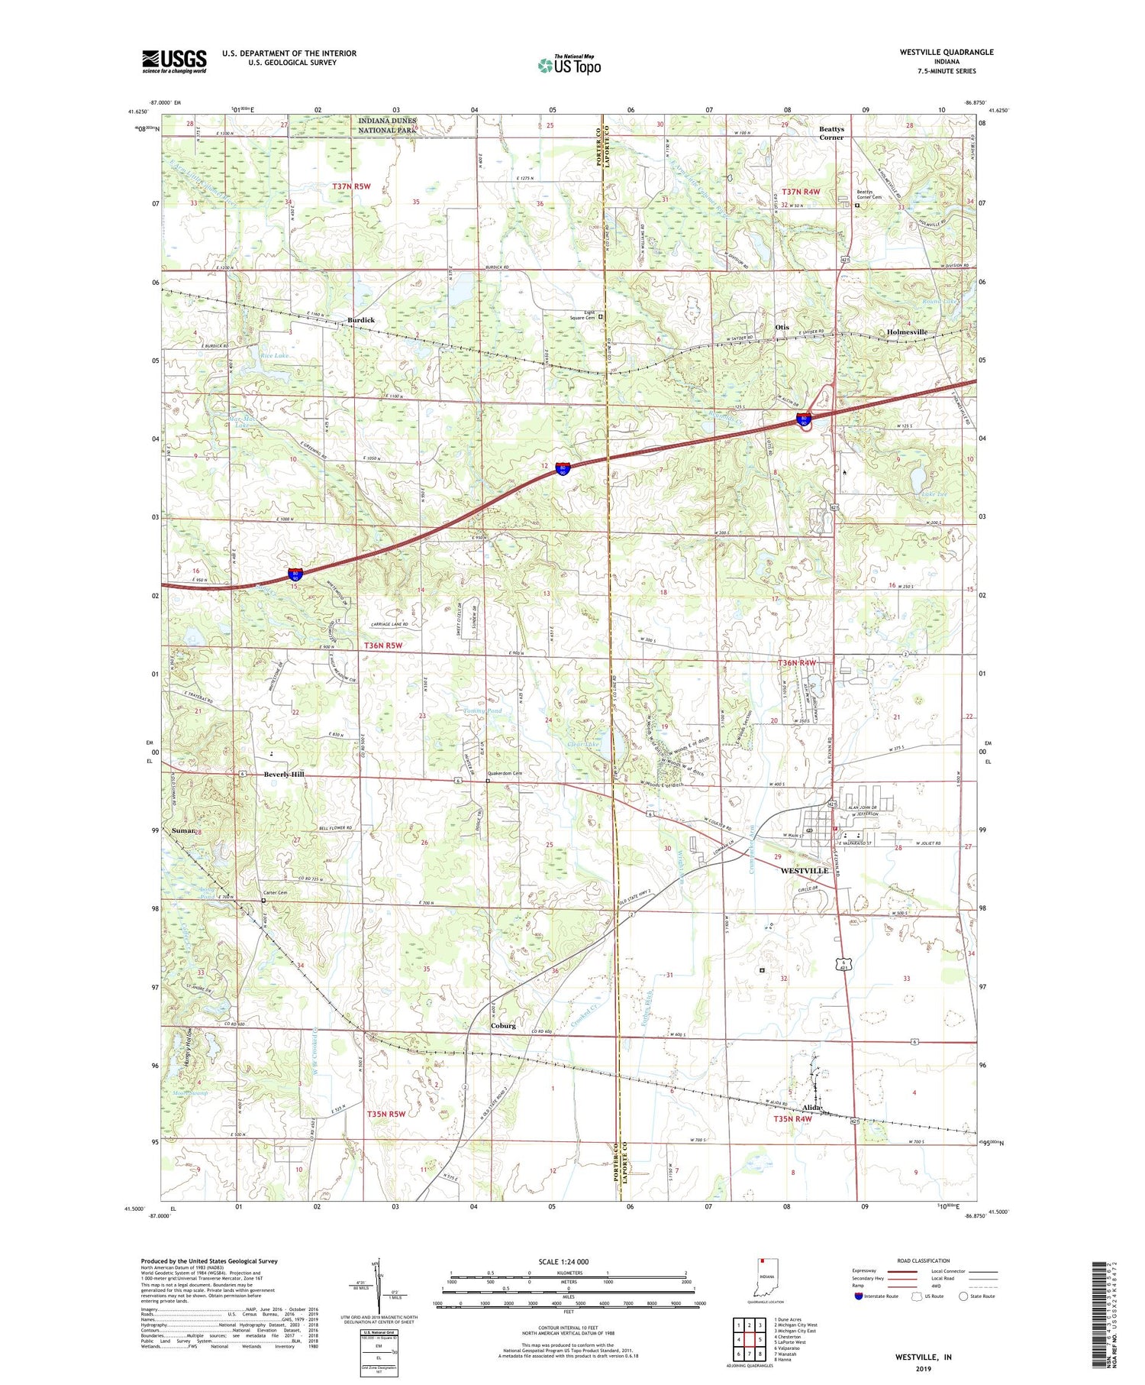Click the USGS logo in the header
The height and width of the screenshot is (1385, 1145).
[x=174, y=61]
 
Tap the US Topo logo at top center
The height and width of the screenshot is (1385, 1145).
[x=569, y=66]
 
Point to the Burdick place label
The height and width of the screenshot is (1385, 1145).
[x=361, y=320]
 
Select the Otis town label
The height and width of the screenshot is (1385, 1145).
[x=782, y=327]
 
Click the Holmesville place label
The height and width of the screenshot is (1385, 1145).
[x=907, y=332]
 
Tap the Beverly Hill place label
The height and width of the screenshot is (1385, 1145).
[x=284, y=775]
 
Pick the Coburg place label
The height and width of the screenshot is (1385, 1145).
[x=503, y=1026]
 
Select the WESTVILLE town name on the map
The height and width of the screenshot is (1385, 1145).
[x=804, y=871]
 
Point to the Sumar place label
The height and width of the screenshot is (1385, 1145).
[x=182, y=830]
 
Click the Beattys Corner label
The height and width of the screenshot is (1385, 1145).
[x=831, y=134]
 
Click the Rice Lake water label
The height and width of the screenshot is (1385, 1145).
[x=274, y=356]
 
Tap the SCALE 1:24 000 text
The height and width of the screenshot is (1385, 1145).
[x=568, y=1262]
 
